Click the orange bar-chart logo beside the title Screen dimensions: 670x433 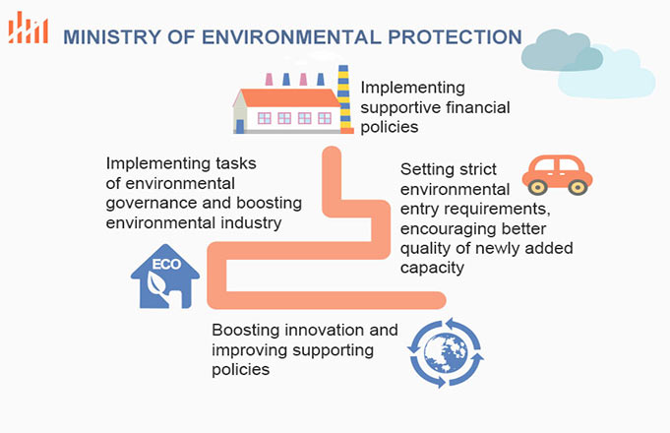pyautogui.click(x=28, y=28)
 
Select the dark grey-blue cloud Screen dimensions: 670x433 pyautogui.click(x=562, y=50)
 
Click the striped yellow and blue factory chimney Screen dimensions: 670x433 pyautogui.click(x=344, y=99)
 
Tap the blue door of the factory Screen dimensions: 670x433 pyautogui.click(x=240, y=126)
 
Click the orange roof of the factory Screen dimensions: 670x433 pyautogui.click(x=289, y=97)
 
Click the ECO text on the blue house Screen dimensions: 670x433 pyautogui.click(x=166, y=264)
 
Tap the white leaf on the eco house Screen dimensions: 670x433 pyautogui.click(x=156, y=284)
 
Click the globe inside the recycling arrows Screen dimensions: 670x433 pyautogui.click(x=446, y=352)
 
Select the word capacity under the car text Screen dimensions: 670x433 pyautogui.click(x=432, y=268)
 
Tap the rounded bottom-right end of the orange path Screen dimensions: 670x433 pyautogui.click(x=439, y=300)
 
